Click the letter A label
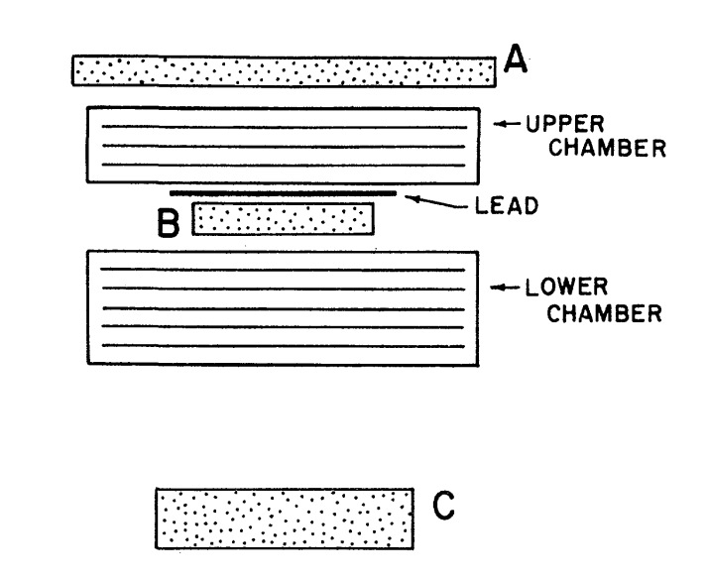515,61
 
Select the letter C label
445,508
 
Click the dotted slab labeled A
284,71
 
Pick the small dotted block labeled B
284,219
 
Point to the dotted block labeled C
284,518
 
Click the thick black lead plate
284,192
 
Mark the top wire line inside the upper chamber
284,126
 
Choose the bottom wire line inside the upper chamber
284,165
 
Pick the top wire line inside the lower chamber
284,270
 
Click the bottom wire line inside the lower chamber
284,345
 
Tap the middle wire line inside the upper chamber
284,146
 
